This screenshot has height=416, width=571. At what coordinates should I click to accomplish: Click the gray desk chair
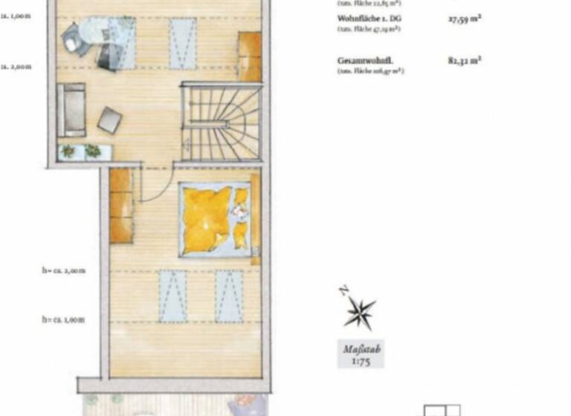click(x=74, y=38)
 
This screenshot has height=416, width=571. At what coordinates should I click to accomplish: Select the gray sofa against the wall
click(x=71, y=109)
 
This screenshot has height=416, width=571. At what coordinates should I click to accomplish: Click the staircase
click(x=222, y=122)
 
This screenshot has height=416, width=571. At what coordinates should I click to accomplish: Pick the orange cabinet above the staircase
click(x=249, y=56)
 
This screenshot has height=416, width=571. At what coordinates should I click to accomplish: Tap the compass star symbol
click(x=359, y=312)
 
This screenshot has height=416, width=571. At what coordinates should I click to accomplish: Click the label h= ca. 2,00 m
click(x=63, y=270)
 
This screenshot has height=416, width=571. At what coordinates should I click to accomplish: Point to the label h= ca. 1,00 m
click(x=63, y=319)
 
